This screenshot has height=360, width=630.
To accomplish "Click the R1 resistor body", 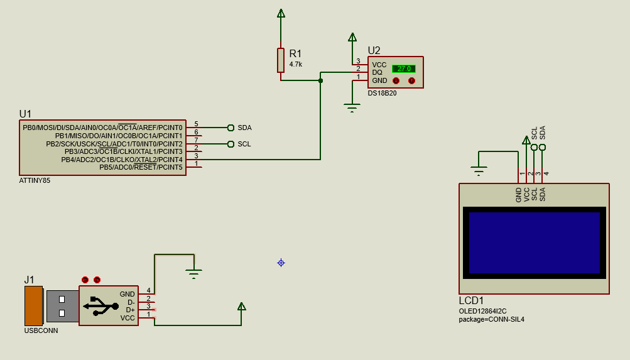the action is tap(281, 60).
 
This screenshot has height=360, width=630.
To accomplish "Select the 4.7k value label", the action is tap(296, 64).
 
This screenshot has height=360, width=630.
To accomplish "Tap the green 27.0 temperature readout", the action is tap(404, 68).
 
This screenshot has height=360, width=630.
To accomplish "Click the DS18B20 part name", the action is tap(382, 93).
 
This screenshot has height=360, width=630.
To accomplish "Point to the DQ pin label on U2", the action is tap(377, 72).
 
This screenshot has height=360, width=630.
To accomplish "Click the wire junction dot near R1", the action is tap(320, 81).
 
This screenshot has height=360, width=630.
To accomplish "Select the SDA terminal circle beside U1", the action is tap(231, 128).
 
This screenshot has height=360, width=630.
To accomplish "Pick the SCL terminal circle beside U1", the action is tap(231, 144).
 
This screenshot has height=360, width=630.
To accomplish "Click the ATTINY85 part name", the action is tap(35, 181).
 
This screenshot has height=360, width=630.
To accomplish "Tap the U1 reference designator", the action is tap(25, 114).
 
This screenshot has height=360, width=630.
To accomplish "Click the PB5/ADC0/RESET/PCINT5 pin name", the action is tap(141, 167).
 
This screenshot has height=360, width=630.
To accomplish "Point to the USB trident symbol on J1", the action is tap(101, 306).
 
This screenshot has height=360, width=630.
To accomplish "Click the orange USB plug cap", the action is tap(34, 306).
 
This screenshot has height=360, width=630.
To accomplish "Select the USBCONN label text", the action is tap(41, 330).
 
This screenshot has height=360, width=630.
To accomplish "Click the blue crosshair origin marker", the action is tap(281, 263).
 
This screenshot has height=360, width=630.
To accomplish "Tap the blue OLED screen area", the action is tap(535, 243).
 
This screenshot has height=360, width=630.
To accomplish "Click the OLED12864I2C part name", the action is tap(482, 311).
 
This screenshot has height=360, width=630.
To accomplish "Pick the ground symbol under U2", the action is tap(352, 107).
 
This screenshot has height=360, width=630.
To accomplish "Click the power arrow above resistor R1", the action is tap(281, 14).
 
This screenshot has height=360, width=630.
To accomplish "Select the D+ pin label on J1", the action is tap(130, 310).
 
